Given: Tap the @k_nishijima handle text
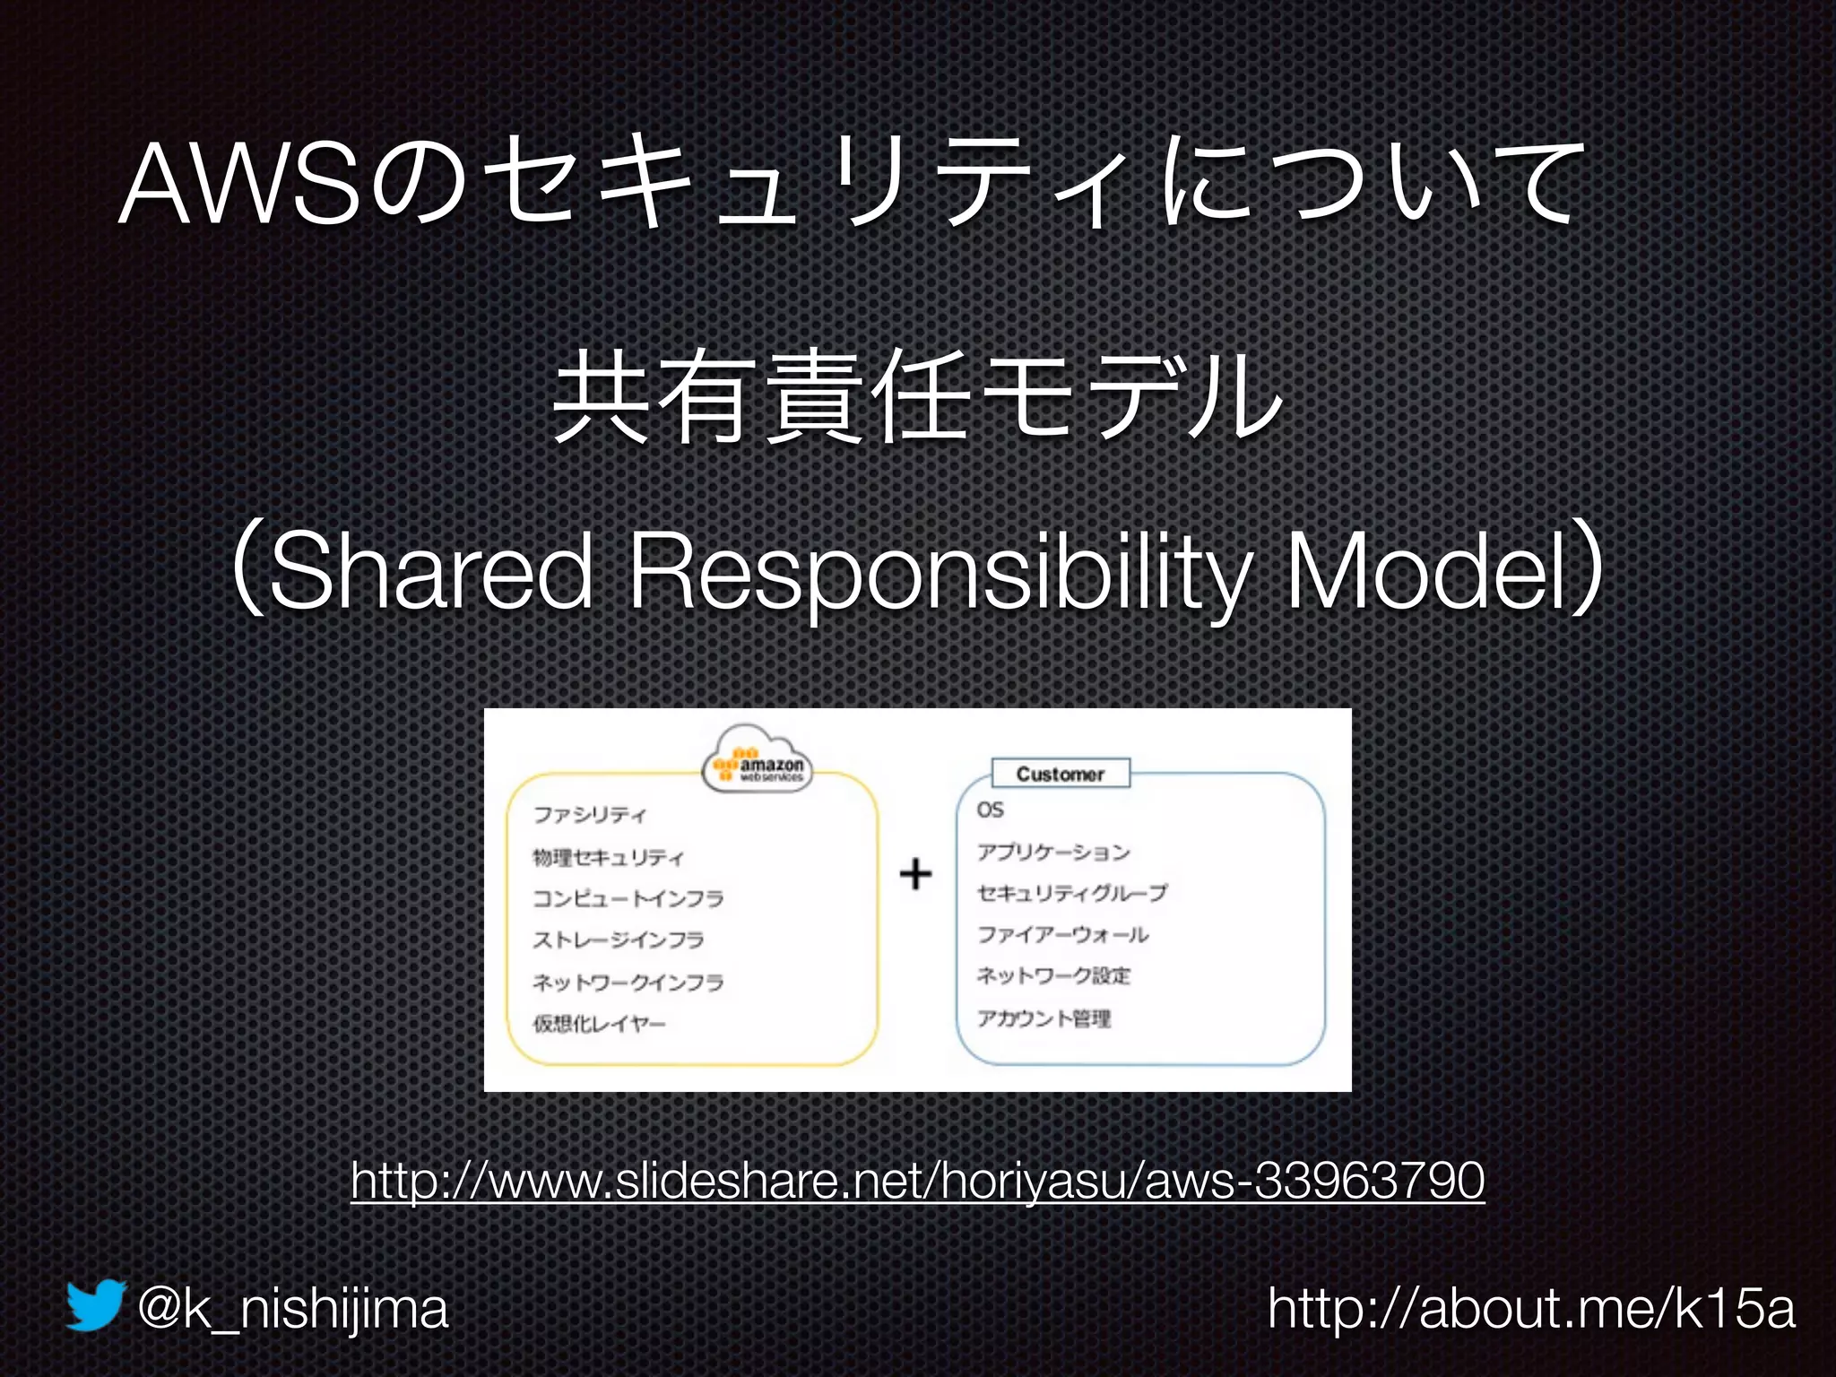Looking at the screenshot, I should click(292, 1309).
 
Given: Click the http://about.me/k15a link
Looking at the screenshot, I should click(1531, 1309).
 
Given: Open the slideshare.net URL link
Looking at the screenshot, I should click(917, 1180).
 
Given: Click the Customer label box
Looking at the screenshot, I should click(1061, 774).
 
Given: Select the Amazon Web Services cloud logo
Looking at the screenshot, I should click(758, 759).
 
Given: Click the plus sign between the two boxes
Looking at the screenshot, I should click(915, 873).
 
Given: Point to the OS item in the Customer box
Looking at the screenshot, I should click(991, 810).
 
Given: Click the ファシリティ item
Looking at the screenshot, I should click(589, 814).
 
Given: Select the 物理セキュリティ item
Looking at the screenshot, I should click(608, 858).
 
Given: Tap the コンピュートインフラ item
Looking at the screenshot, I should click(628, 898).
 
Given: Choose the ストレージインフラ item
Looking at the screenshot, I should click(619, 940).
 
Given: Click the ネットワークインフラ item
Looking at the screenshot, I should click(628, 983).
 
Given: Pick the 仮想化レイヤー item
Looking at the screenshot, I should click(599, 1024).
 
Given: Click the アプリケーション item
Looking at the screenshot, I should click(1053, 852).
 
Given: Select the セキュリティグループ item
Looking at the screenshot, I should click(1072, 893).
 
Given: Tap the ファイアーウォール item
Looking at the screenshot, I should click(1062, 935).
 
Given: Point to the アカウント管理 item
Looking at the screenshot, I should click(1044, 1018).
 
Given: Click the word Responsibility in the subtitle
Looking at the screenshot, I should click(945, 571).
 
